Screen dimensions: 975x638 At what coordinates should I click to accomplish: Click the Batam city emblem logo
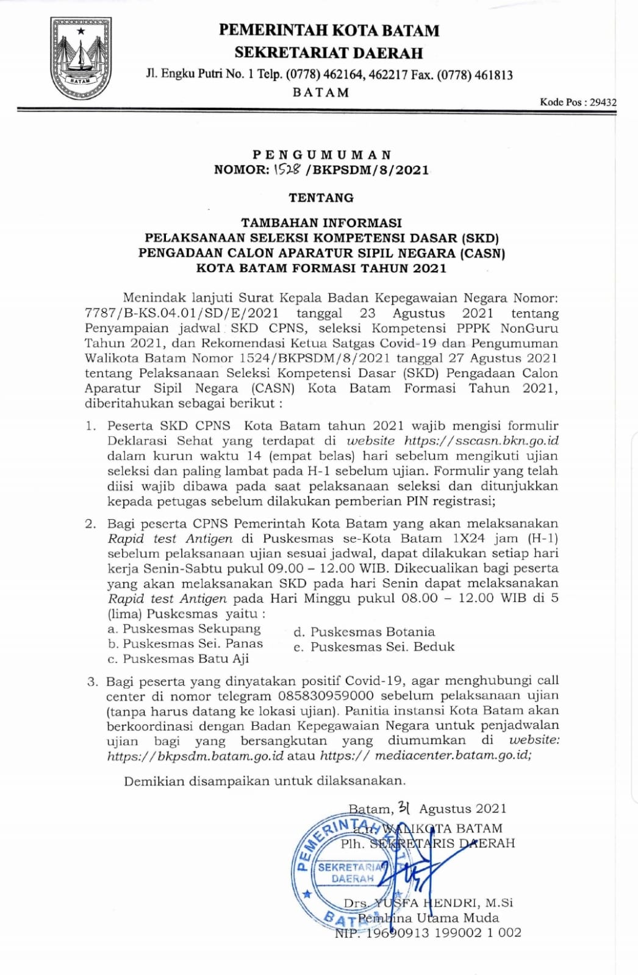(x=81, y=58)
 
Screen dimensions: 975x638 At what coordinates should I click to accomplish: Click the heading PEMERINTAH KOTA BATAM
(x=329, y=30)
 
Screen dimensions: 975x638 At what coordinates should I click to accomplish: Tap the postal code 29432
(x=603, y=102)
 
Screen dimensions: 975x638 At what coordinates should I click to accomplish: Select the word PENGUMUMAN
(x=321, y=155)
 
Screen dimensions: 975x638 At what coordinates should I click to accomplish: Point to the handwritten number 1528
(x=286, y=169)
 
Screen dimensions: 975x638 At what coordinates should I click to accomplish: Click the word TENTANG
(x=321, y=197)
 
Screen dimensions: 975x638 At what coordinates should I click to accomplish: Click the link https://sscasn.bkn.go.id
(x=481, y=441)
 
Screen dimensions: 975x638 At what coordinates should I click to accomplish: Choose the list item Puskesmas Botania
(x=372, y=632)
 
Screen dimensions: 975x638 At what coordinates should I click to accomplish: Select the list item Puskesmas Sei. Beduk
(x=382, y=647)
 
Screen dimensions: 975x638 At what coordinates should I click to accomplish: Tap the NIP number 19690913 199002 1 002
(x=443, y=932)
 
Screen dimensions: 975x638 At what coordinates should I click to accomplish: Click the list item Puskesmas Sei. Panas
(x=193, y=643)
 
